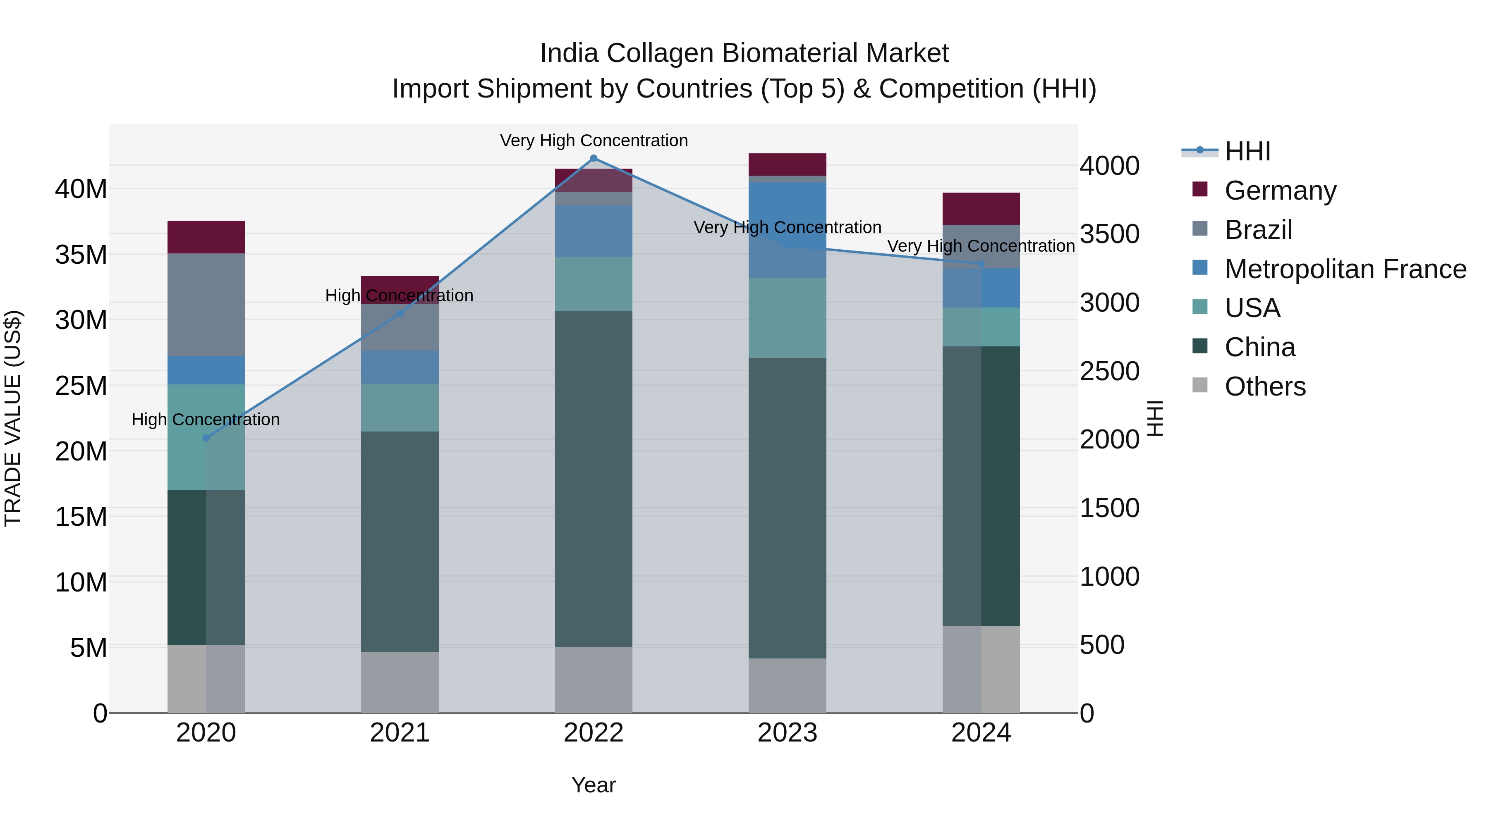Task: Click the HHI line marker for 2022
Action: [593, 158]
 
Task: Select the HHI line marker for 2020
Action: [206, 438]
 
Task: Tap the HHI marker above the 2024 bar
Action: [981, 263]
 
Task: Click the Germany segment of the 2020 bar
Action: [206, 237]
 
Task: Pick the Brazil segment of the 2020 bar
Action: [206, 304]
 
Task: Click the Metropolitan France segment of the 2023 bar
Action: [787, 229]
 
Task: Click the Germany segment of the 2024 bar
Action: [981, 209]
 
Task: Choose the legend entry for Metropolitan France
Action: [1345, 269]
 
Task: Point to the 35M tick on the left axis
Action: [81, 254]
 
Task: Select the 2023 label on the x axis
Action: [787, 733]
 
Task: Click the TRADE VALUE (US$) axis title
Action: [13, 418]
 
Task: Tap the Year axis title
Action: [593, 785]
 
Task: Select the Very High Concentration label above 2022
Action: [594, 141]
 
